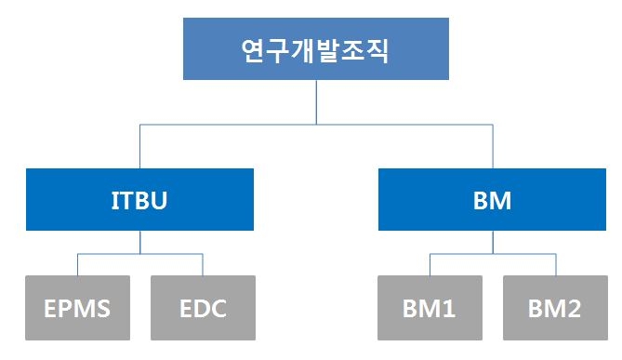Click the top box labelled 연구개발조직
point(315,49)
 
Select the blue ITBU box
point(139,199)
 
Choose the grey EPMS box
point(77,307)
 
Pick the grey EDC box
point(202,307)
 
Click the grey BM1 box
point(430,307)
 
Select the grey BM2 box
point(555,307)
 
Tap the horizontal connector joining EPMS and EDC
point(139,253)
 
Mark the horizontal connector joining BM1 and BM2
point(493,253)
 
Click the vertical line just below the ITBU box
point(139,241)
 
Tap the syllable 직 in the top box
point(376,49)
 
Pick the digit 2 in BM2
point(574,308)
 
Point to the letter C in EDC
point(218,308)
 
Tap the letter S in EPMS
point(101,308)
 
